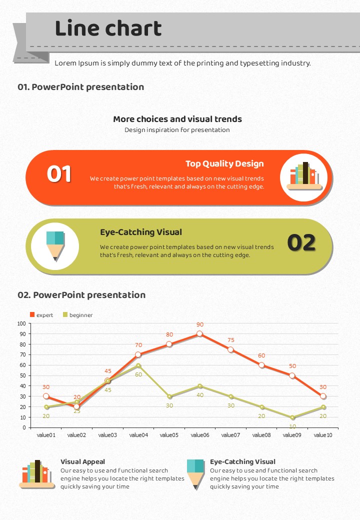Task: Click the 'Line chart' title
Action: click(x=108, y=29)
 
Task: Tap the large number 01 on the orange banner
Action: click(x=59, y=174)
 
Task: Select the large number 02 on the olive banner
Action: click(x=301, y=243)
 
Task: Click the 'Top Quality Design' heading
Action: click(x=224, y=163)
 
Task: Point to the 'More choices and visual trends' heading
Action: click(x=177, y=119)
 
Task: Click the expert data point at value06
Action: click(x=199, y=333)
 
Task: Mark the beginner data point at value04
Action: click(x=138, y=365)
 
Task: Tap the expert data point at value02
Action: click(x=77, y=406)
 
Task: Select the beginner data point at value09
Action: click(x=292, y=417)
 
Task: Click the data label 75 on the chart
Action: click(x=231, y=340)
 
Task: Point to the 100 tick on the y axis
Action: click(x=21, y=323)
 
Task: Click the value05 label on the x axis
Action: click(x=169, y=435)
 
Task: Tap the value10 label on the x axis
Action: click(x=323, y=435)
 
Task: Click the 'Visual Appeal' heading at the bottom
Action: click(x=82, y=461)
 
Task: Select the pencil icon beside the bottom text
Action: click(x=195, y=473)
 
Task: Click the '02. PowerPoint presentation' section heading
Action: click(x=81, y=295)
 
